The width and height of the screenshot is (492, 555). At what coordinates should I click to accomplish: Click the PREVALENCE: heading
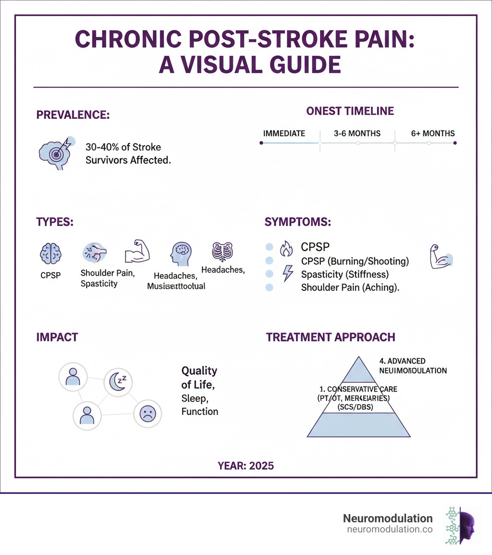coord(73,115)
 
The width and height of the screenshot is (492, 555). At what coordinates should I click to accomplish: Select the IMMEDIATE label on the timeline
coord(284,133)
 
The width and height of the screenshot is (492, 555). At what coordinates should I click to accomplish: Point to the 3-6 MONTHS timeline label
coord(357,133)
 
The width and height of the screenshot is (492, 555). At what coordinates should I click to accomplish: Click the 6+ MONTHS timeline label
coord(433,133)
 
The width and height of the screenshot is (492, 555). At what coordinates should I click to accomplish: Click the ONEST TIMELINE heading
coord(350,111)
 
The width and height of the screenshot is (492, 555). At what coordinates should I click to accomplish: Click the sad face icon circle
coord(147,414)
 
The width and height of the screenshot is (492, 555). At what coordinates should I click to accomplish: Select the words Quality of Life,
coord(199,378)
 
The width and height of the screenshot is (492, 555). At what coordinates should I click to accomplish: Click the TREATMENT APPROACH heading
coord(331,337)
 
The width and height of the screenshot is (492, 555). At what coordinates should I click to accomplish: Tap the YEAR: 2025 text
coord(246,466)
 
